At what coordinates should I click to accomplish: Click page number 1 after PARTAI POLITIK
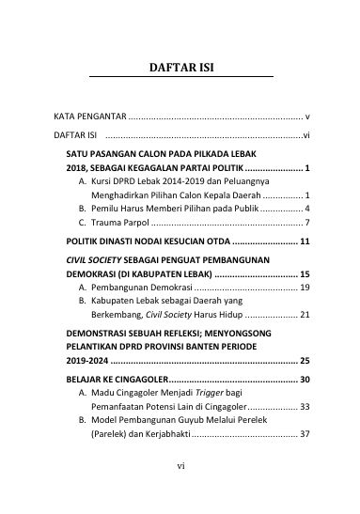tap(308, 166)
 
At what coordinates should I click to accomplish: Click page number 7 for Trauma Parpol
tap(308, 223)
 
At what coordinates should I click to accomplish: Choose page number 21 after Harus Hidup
tap(305, 316)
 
